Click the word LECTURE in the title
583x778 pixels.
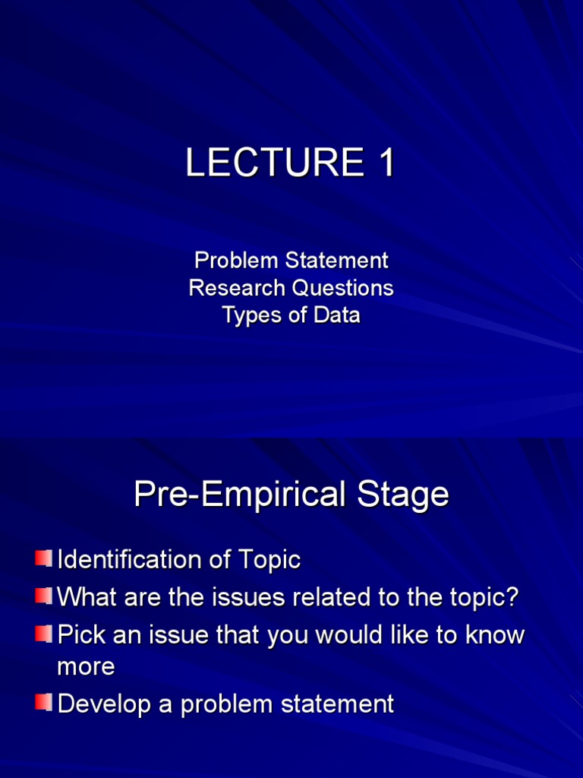275,163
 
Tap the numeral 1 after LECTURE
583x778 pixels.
386,163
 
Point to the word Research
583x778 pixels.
237,288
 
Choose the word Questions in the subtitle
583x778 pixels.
342,288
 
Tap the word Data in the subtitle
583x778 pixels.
336,315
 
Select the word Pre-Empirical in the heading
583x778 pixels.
240,495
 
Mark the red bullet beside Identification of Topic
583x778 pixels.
43,558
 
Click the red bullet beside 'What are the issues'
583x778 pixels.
43,595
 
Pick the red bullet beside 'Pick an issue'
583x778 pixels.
43,633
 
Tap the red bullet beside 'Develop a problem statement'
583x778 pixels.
43,701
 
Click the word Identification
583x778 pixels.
130,559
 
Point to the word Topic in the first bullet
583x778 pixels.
269,560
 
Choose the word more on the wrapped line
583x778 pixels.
87,667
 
